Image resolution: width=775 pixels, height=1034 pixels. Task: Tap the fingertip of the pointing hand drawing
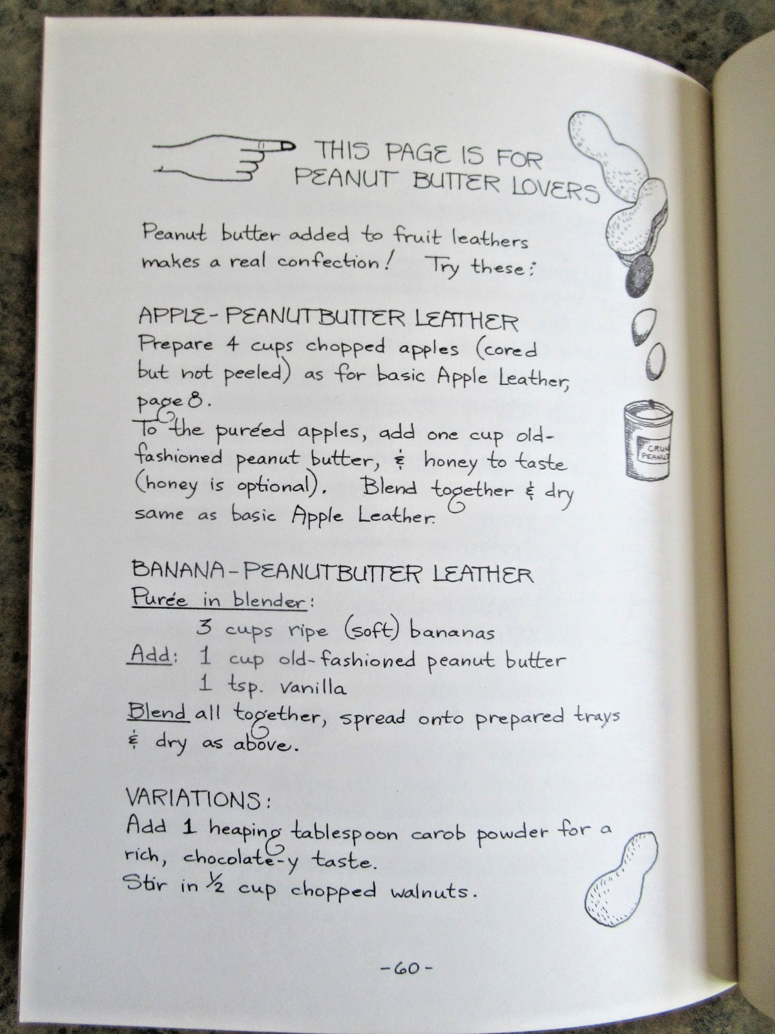click(292, 146)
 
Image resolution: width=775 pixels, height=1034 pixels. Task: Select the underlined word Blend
click(158, 712)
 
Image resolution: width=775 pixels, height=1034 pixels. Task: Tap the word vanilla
click(313, 688)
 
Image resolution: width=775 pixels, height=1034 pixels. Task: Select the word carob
click(439, 833)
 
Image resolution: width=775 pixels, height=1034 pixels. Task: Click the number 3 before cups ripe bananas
click(204, 628)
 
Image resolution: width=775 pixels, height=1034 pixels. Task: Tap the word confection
click(328, 262)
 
